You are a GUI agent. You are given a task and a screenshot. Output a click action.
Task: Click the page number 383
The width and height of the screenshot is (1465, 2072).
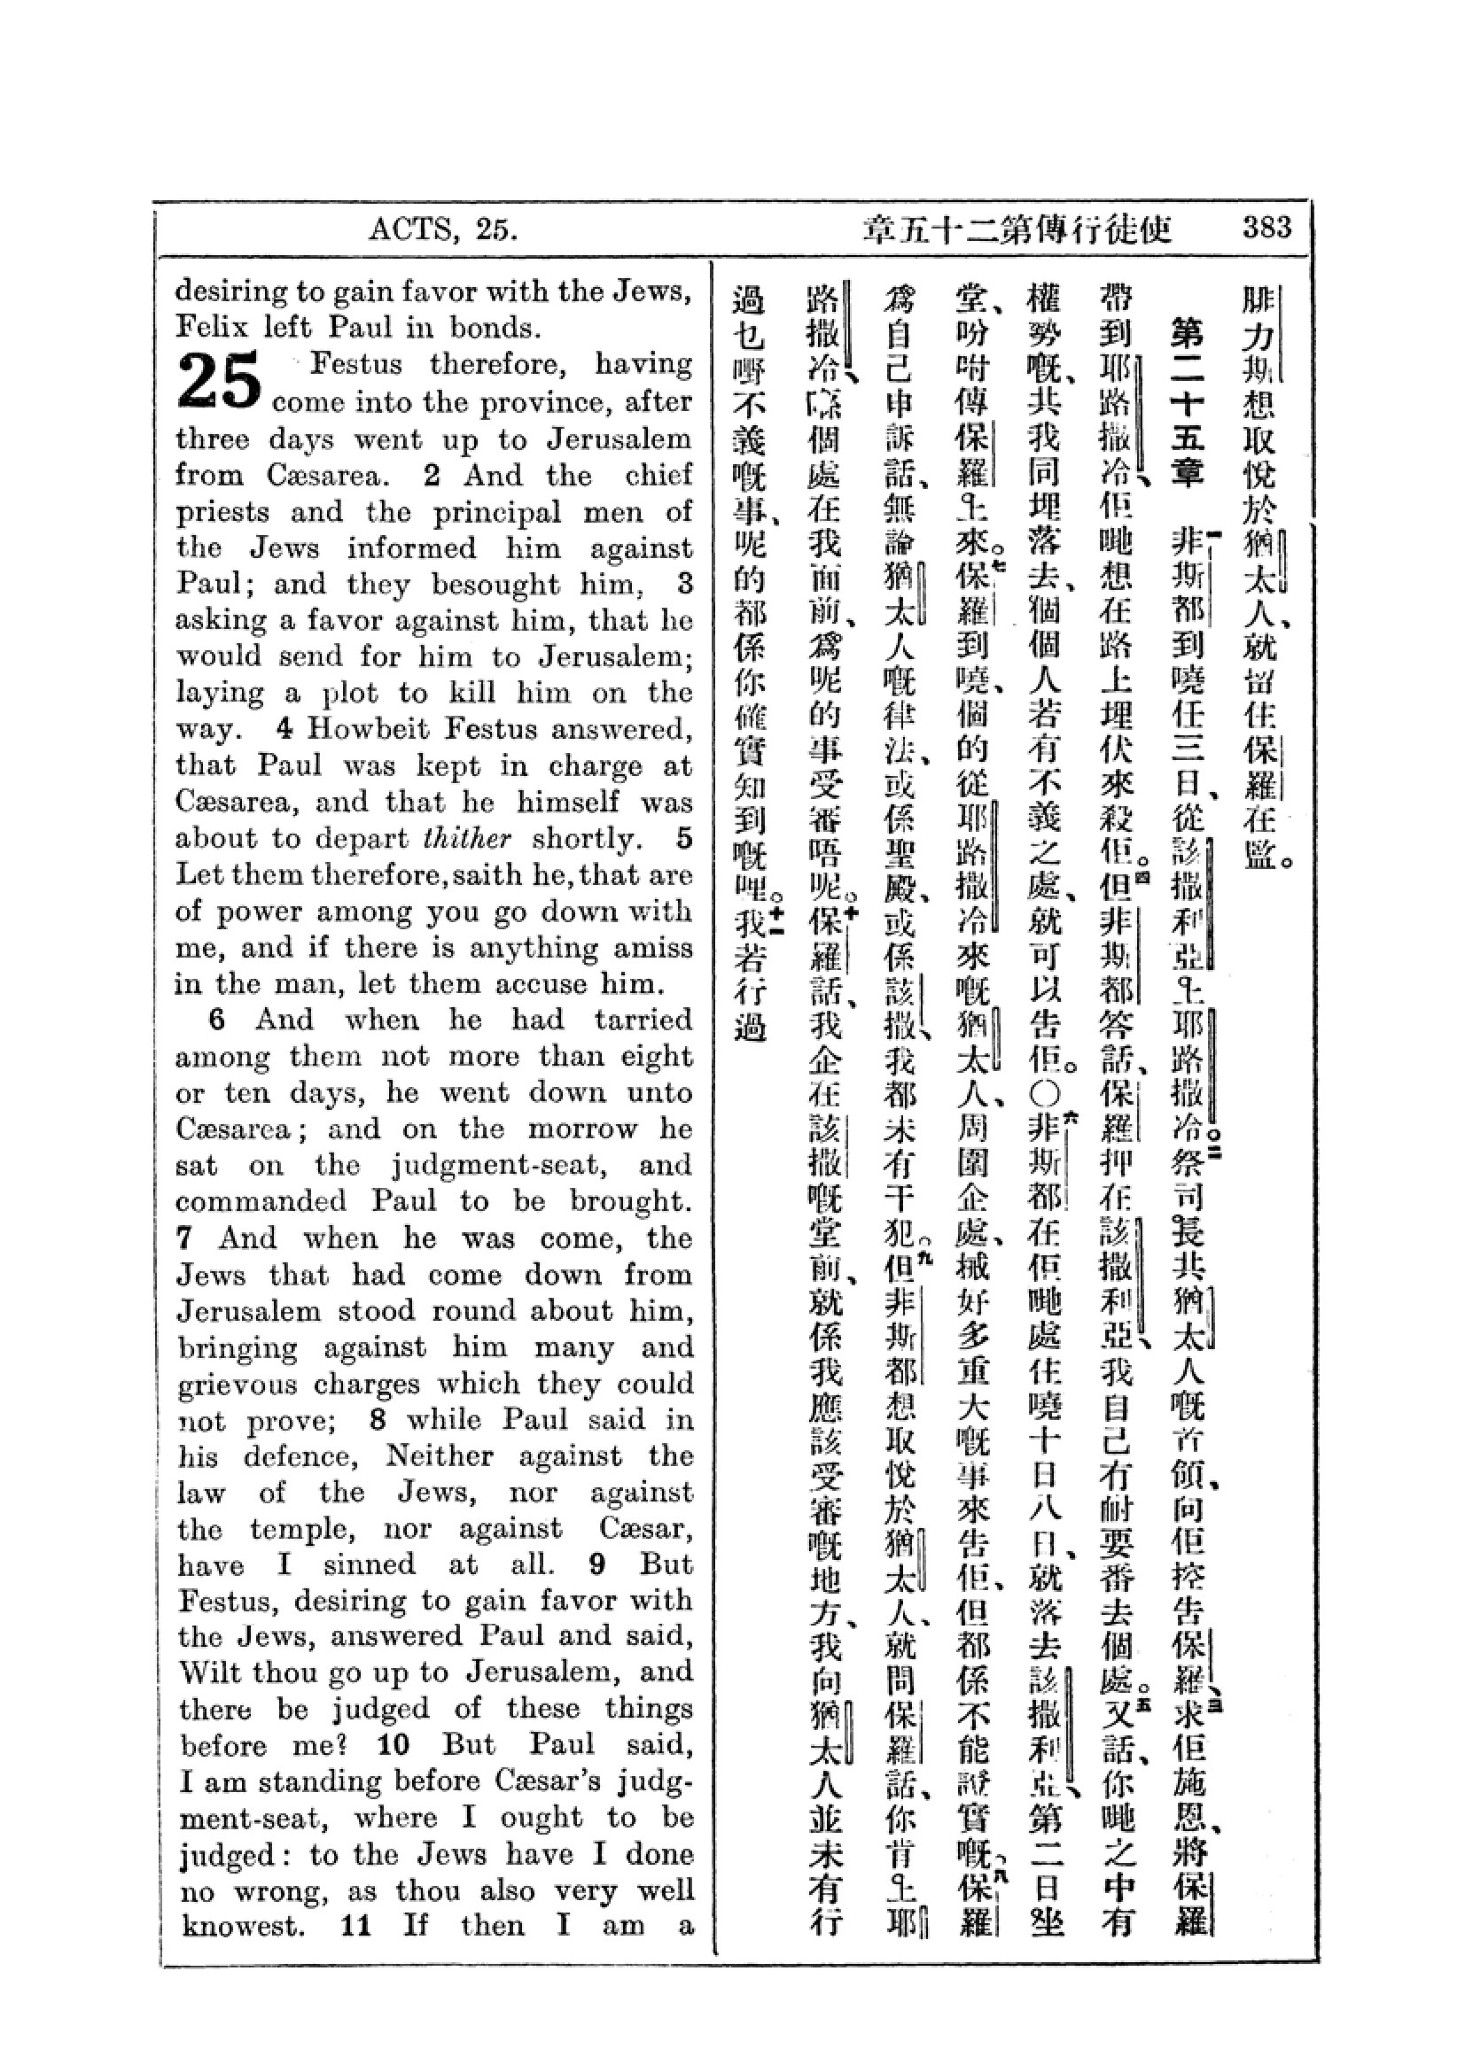[x=1266, y=228]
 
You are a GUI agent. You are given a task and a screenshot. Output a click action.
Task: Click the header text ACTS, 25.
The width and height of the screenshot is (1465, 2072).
[x=442, y=230]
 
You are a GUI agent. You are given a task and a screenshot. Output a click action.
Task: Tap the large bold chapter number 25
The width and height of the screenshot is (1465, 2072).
[x=219, y=380]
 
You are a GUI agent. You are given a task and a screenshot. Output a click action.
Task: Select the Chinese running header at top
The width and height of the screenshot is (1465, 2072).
[x=1017, y=231]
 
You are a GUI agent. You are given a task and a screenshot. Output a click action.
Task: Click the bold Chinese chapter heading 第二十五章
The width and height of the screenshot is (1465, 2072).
[x=1186, y=400]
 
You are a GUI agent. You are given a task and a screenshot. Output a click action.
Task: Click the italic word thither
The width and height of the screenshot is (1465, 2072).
[x=467, y=838]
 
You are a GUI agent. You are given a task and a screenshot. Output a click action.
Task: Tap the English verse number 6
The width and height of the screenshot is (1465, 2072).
[x=216, y=1020]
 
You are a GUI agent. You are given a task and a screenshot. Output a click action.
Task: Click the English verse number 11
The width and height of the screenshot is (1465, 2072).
[x=356, y=1928]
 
